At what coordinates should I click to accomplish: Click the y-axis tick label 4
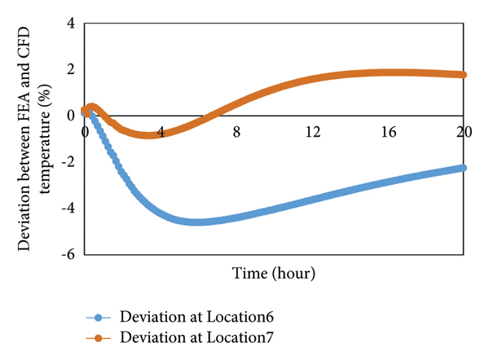[x=70, y=24]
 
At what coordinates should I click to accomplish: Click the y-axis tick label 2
[x=70, y=69]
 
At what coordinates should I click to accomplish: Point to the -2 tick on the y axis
[x=68, y=161]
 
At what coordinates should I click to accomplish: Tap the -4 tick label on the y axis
[x=68, y=208]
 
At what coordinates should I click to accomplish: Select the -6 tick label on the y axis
[x=68, y=254]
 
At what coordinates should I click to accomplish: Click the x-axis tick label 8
[x=236, y=130]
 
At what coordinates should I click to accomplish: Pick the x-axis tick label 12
[x=312, y=130]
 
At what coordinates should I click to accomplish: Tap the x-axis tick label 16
[x=388, y=130]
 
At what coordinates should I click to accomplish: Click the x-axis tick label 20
[x=463, y=130]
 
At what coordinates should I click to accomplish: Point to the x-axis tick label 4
[x=161, y=130]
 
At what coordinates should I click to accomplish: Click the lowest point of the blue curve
[x=199, y=222]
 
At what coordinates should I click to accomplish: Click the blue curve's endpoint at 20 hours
[x=463, y=168]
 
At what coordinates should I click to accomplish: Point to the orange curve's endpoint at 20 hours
[x=463, y=74]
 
